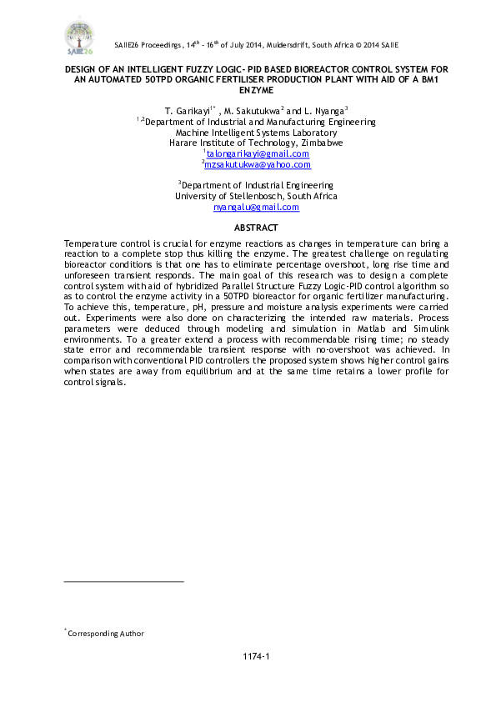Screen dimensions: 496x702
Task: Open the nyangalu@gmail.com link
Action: pyautogui.click(x=256, y=207)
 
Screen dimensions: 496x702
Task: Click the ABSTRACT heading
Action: pyautogui.click(x=256, y=228)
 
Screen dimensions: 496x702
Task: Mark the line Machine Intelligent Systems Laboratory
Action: pyautogui.click(x=256, y=132)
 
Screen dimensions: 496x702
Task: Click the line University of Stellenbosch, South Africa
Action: pyautogui.click(x=256, y=196)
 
